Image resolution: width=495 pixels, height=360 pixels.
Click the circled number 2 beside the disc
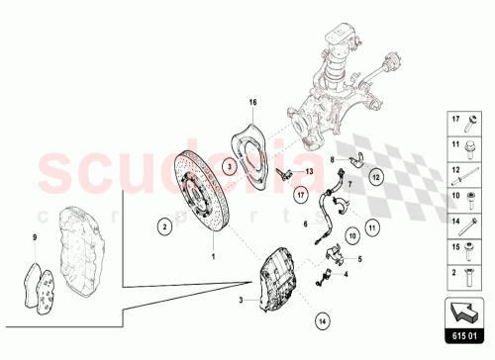coord(158,226)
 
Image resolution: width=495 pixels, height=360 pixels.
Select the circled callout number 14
coord(322,319)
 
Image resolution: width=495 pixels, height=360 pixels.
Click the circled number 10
coord(350,237)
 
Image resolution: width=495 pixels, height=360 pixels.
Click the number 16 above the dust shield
coord(251,103)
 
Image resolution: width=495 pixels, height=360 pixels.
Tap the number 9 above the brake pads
coord(35,236)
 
